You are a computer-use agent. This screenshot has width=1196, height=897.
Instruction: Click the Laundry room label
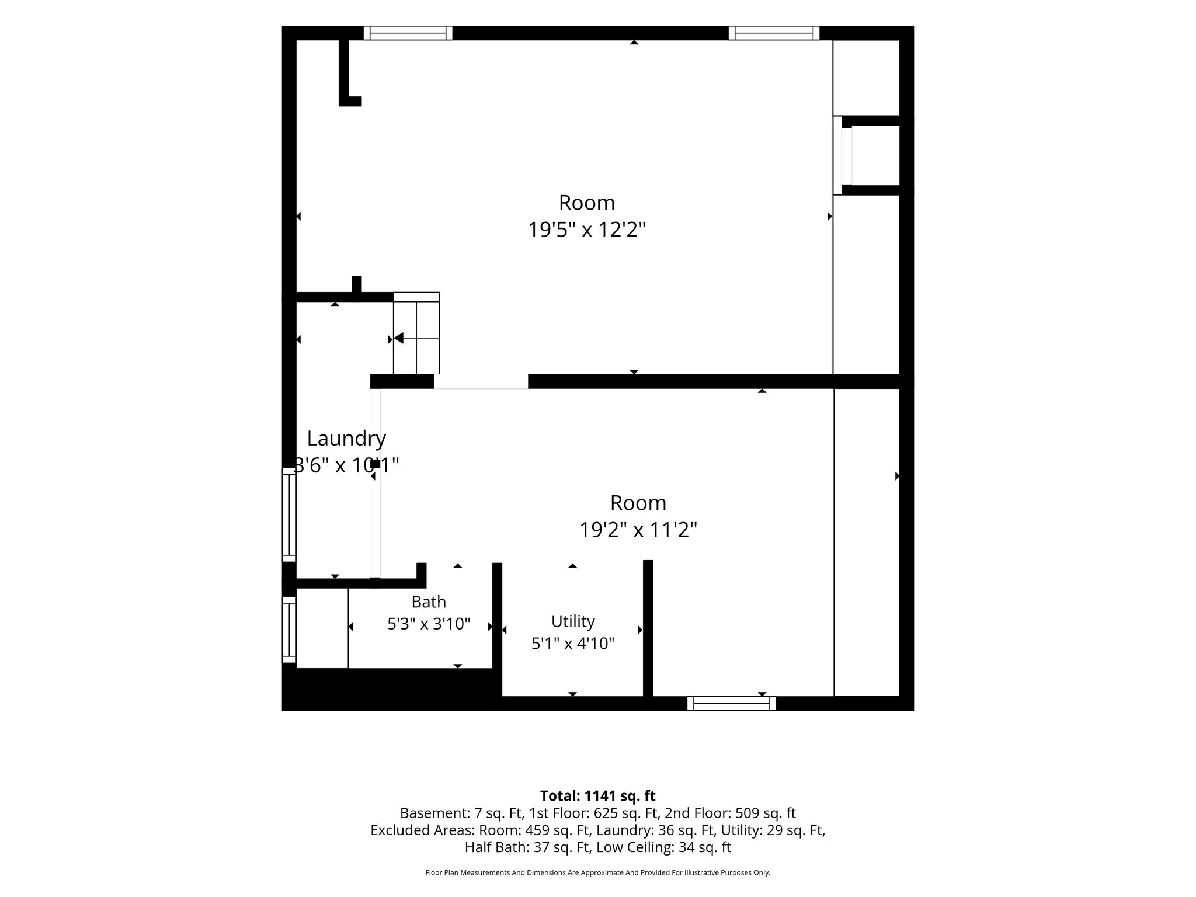(346, 438)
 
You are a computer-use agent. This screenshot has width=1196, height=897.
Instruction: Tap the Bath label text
(429, 602)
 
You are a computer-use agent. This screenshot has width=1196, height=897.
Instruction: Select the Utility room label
(573, 621)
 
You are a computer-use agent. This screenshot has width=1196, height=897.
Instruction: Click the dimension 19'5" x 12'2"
(587, 230)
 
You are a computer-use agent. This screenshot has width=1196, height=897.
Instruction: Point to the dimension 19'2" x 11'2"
(638, 530)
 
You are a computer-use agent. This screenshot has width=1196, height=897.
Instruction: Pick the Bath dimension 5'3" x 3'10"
(429, 624)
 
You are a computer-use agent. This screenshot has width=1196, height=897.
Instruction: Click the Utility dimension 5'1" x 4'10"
(573, 644)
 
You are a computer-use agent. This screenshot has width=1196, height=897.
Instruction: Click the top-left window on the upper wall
(408, 33)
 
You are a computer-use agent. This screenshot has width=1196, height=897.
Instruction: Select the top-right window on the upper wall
(774, 33)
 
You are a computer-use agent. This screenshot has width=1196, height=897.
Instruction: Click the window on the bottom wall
(732, 704)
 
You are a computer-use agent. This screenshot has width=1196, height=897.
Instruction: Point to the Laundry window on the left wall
(289, 514)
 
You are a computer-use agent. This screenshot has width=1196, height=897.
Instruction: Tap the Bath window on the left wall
(289, 630)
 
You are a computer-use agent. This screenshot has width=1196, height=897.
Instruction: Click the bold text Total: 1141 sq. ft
(598, 796)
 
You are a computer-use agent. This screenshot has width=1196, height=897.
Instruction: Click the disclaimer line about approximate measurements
(598, 872)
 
